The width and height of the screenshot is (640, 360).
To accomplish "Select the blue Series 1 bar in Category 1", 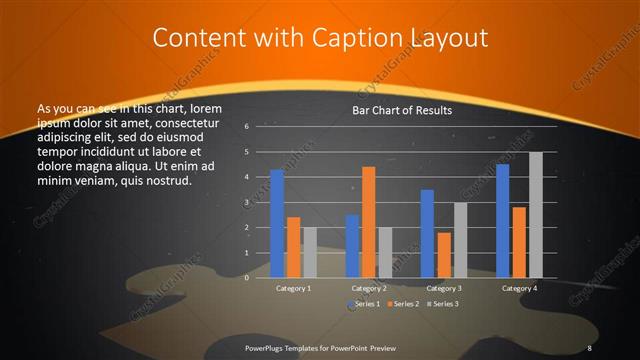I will pos(277,224).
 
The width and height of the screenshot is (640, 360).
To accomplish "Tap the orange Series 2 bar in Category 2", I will pos(368,222).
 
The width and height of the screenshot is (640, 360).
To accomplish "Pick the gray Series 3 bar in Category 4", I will pos(535,215).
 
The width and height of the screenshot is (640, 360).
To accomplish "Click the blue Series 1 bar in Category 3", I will pos(427,234).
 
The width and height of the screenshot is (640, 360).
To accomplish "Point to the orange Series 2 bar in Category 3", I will pos(443,255).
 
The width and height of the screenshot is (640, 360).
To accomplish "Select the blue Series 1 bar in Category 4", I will pos(502,221).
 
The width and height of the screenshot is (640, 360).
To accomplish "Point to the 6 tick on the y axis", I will pos(261,127).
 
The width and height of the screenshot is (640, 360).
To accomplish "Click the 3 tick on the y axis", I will pos(261,203).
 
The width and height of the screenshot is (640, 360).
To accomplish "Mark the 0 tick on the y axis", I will pos(261,278).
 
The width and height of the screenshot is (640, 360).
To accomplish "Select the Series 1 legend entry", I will pos(366,303).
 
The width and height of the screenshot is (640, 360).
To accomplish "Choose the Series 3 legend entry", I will pos(443,303).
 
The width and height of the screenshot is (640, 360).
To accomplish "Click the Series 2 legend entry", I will pos(404,303).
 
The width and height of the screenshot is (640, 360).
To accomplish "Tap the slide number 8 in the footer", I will pos(590,347).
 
